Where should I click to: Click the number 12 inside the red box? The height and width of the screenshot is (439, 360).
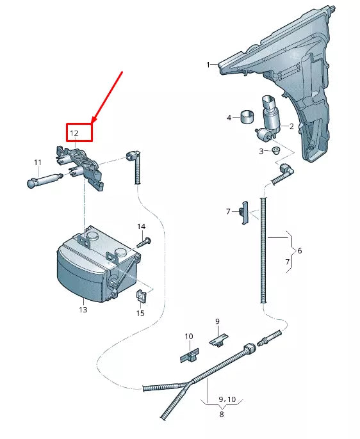(x=74, y=133)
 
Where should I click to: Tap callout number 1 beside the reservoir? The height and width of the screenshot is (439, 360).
(x=208, y=65)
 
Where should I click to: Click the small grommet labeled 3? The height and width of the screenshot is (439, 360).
(x=275, y=151)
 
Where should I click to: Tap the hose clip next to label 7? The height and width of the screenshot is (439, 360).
(x=243, y=213)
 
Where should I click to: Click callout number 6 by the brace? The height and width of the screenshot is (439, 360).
(x=299, y=250)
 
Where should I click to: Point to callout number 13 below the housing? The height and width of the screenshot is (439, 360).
(x=83, y=310)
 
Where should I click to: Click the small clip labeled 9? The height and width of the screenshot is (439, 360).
(x=218, y=339)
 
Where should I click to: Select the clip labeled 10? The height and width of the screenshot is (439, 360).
(x=190, y=354)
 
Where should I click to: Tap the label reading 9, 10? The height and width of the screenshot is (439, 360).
(x=227, y=399)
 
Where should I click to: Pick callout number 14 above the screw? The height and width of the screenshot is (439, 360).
(x=141, y=227)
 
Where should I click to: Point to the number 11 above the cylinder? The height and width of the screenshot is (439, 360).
(x=37, y=163)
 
